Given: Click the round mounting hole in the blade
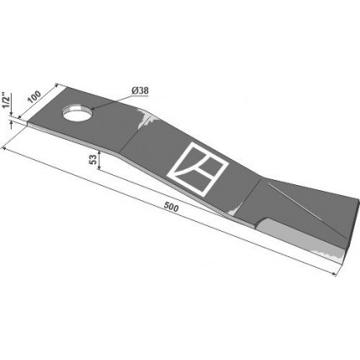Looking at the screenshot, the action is point(78,114).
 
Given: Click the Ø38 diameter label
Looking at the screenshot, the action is point(139,90).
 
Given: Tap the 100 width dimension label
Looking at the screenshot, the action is point(34,97).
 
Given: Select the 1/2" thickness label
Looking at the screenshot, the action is point(6,101).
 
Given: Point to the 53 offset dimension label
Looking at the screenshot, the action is point(93,159).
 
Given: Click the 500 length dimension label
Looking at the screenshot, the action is point(171,207).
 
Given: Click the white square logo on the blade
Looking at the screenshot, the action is point(198,168).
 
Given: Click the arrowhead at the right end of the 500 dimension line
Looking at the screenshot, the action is point(333,274).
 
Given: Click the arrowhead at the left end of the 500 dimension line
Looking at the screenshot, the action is point(5,149).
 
